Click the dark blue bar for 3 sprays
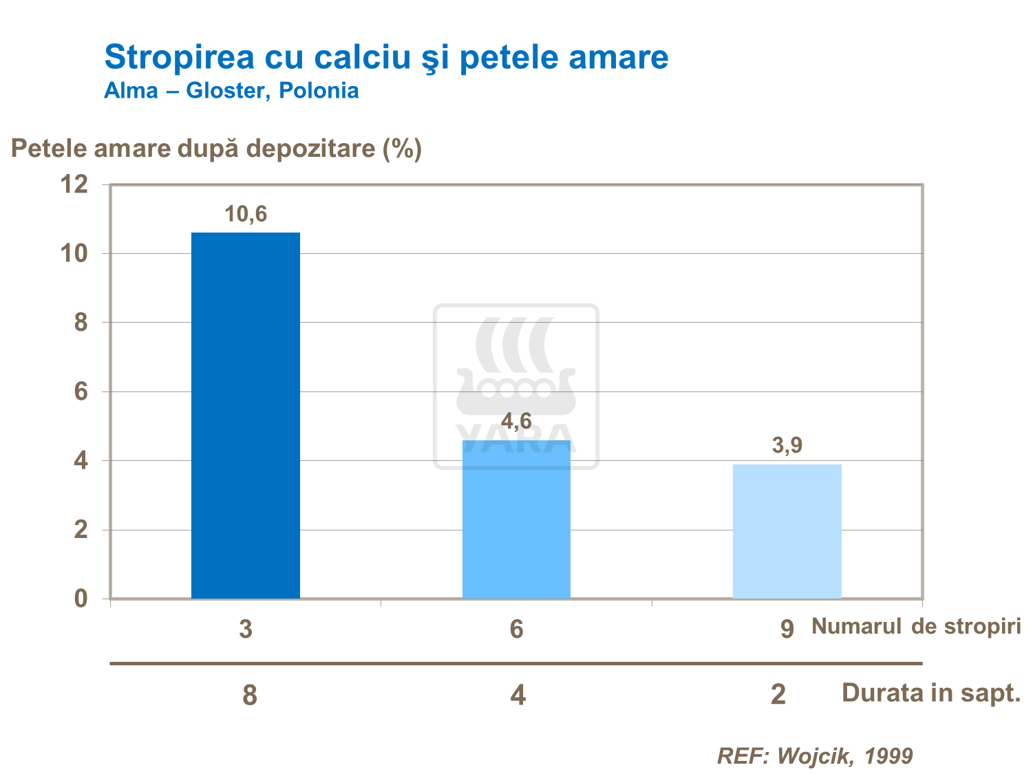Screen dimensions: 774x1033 click(246, 416)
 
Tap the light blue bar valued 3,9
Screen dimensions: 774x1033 click(787, 531)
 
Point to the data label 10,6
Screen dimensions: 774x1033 click(246, 215)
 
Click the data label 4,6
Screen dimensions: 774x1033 click(516, 421)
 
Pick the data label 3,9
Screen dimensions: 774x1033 click(787, 446)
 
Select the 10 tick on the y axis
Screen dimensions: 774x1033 click(74, 253)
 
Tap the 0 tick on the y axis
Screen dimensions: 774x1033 click(81, 599)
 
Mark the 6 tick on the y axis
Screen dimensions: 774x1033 click(81, 391)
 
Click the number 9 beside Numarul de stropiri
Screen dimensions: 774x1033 click(787, 629)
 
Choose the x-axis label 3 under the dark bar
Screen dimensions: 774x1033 click(246, 629)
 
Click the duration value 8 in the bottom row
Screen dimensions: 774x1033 click(250, 695)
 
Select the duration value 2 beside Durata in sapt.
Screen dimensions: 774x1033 click(778, 694)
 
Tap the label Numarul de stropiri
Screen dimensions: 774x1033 click(916, 626)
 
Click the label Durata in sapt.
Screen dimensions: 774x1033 click(930, 693)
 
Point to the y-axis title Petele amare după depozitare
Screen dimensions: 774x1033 click(216, 148)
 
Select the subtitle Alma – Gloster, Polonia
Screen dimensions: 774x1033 click(231, 91)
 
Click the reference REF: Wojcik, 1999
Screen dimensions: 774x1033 click(815, 755)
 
